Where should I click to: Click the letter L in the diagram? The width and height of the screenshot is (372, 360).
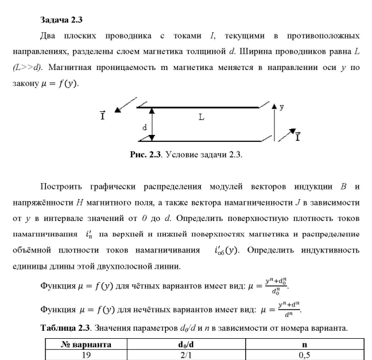tap(201, 117)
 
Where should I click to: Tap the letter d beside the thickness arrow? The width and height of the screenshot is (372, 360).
tap(145, 127)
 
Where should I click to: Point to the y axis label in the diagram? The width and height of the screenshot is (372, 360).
tap(282, 107)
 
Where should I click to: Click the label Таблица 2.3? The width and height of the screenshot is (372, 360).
tap(65, 330)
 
